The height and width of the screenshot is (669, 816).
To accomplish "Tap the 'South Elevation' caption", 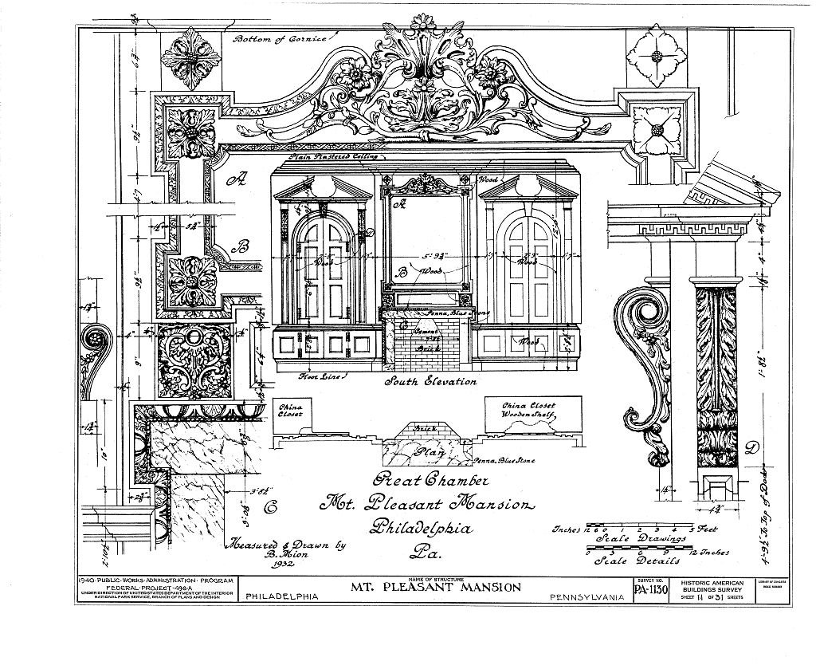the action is pyautogui.click(x=430, y=381).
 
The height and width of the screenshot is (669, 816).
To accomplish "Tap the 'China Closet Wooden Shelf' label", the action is pyautogui.click(x=528, y=410).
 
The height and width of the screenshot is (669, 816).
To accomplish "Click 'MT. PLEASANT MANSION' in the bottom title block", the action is pyautogui.click(x=437, y=588).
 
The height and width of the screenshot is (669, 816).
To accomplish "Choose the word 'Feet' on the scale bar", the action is pyautogui.click(x=707, y=529).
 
